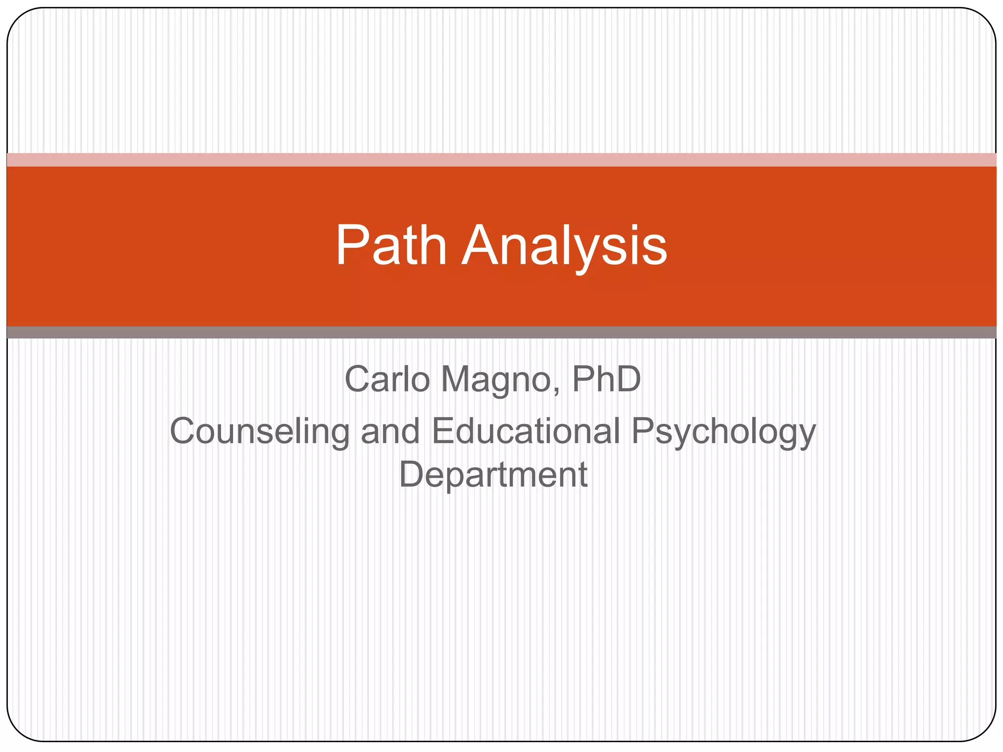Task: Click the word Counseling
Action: pos(260,432)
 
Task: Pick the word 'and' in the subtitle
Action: pos(390,431)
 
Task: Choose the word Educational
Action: pos(526,431)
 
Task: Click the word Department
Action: pos(493,475)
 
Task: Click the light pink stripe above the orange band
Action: pos(501,160)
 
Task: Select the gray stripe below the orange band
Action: pos(501,332)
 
